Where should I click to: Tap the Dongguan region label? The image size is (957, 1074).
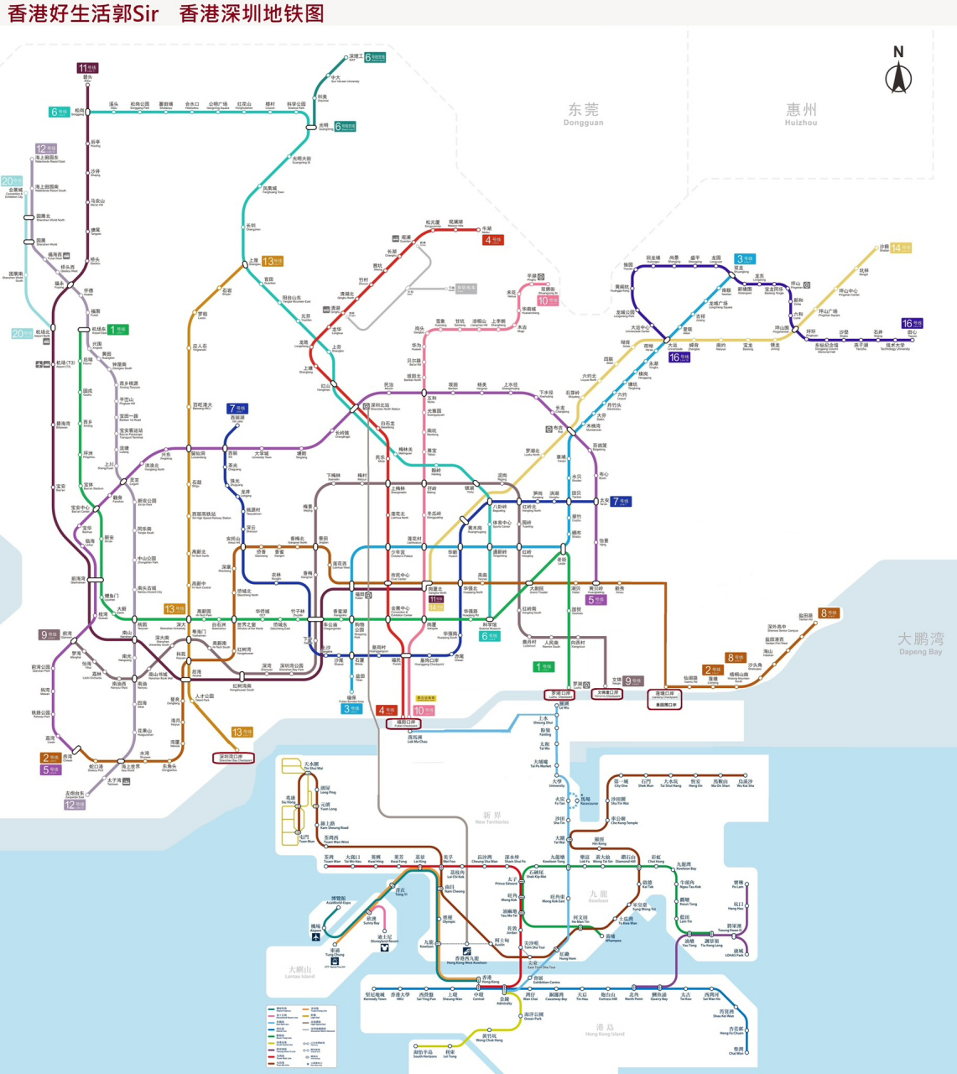tap(584, 113)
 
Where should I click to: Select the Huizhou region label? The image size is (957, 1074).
tap(801, 113)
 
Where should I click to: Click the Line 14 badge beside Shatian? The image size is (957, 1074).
tap(900, 248)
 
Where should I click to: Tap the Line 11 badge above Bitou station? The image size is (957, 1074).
tap(87, 68)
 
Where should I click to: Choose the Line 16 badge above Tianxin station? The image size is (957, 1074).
tap(911, 323)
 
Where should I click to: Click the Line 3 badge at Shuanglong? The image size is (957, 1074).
tap(744, 258)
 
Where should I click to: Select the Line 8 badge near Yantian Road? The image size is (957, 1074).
tap(829, 613)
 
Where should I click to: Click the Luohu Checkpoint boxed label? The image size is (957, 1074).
tap(560, 695)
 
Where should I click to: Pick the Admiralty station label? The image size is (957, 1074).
tap(504, 1001)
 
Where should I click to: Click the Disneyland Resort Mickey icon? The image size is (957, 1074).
tap(384, 948)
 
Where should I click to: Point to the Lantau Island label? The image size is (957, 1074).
tap(299, 972)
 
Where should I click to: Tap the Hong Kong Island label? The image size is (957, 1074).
tap(605, 1030)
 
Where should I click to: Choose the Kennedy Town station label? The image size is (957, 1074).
tap(374, 997)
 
